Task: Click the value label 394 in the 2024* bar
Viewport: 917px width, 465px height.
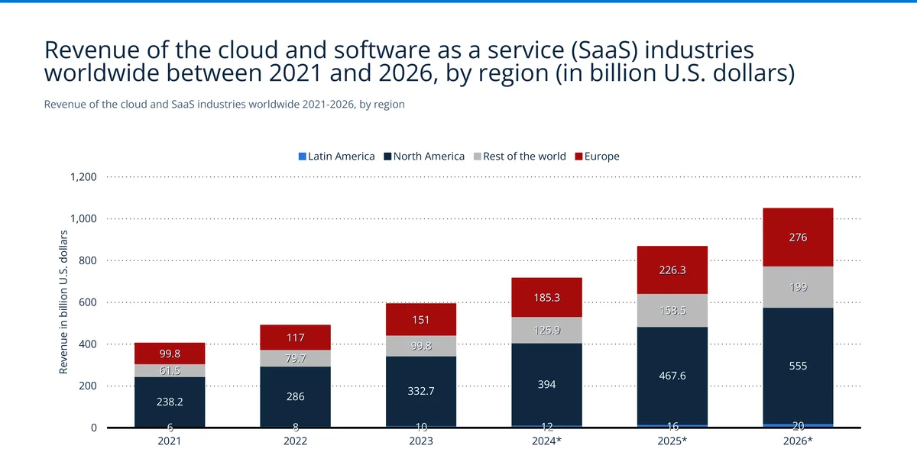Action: pyautogui.click(x=546, y=384)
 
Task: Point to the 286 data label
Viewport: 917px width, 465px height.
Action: pyautogui.click(x=295, y=397)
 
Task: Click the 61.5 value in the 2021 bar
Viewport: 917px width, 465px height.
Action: pyautogui.click(x=170, y=370)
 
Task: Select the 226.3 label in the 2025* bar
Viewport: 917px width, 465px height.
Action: pyautogui.click(x=672, y=270)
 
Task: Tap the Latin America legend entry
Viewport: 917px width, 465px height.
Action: pyautogui.click(x=336, y=157)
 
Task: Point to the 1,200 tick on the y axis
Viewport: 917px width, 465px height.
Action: pyautogui.click(x=83, y=177)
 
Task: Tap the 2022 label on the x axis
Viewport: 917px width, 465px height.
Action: pyautogui.click(x=295, y=441)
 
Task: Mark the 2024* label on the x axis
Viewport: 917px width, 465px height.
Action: pyautogui.click(x=546, y=441)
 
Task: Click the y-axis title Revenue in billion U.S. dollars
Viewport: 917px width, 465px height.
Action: pyautogui.click(x=65, y=302)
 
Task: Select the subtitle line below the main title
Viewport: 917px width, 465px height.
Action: pyautogui.click(x=224, y=104)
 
